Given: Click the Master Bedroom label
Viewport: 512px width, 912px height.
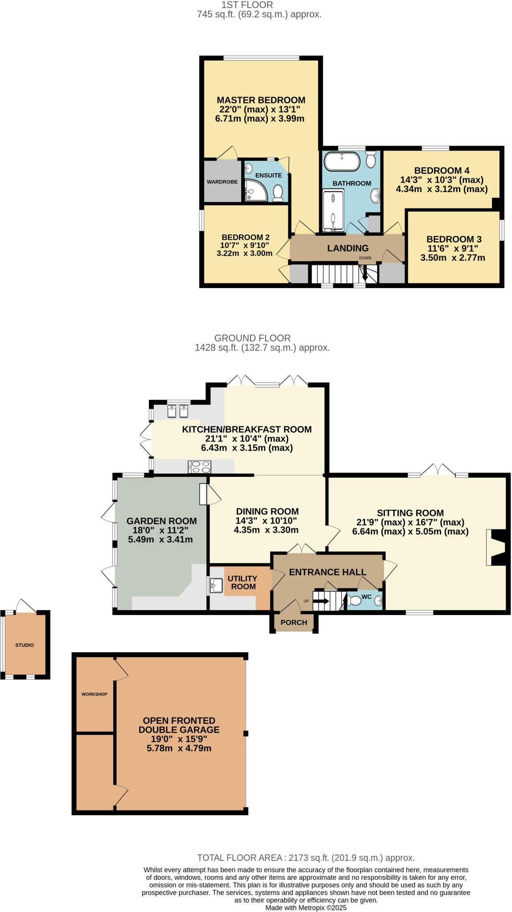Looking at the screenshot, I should pos(261,100).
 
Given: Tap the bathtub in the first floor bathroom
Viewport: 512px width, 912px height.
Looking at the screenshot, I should pos(342,162).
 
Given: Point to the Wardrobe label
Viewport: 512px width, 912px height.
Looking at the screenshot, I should pos(222,182).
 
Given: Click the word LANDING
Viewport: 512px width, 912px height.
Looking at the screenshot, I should pos(348,248).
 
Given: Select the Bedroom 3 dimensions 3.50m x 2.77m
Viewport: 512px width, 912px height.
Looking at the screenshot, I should pos(452,258).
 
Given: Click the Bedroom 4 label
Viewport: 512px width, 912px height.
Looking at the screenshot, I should pos(442,171).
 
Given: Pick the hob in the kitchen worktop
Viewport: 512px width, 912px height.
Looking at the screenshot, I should pos(200,467).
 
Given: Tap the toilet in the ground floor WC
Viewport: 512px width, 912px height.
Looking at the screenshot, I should pos(355,601).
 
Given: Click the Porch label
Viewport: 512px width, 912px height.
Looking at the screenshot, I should pos(294,623).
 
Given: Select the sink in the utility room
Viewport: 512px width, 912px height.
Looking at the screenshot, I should pos(216,586).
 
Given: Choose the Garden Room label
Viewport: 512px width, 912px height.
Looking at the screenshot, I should pos(161,521).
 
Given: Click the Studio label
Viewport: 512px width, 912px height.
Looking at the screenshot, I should pos(25,645).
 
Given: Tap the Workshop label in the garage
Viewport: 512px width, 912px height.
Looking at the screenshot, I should pos(94,694).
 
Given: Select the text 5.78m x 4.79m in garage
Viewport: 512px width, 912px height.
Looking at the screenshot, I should pos(179,748).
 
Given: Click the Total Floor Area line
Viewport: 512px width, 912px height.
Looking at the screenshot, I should pos(306,858).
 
